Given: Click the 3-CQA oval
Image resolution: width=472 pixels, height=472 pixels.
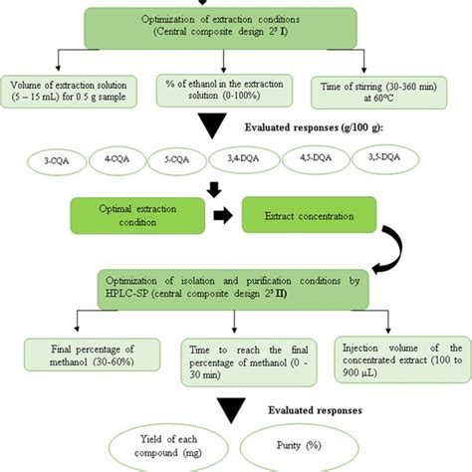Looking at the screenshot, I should [x=41, y=159].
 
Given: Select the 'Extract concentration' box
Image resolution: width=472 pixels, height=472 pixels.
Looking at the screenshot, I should [x=312, y=214].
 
